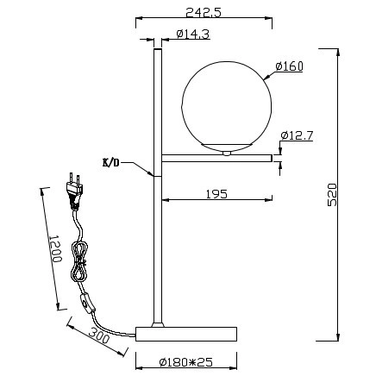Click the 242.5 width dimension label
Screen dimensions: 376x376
204,12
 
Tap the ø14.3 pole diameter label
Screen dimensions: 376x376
193,34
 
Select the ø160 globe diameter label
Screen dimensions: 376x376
289,66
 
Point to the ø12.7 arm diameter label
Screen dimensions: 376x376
297,135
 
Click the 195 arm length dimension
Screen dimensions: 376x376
216,194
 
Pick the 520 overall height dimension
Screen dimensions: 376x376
332,194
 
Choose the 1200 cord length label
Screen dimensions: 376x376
54,248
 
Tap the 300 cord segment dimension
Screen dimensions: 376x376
99,335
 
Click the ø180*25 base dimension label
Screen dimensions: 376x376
186,362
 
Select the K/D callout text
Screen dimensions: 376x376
110,163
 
